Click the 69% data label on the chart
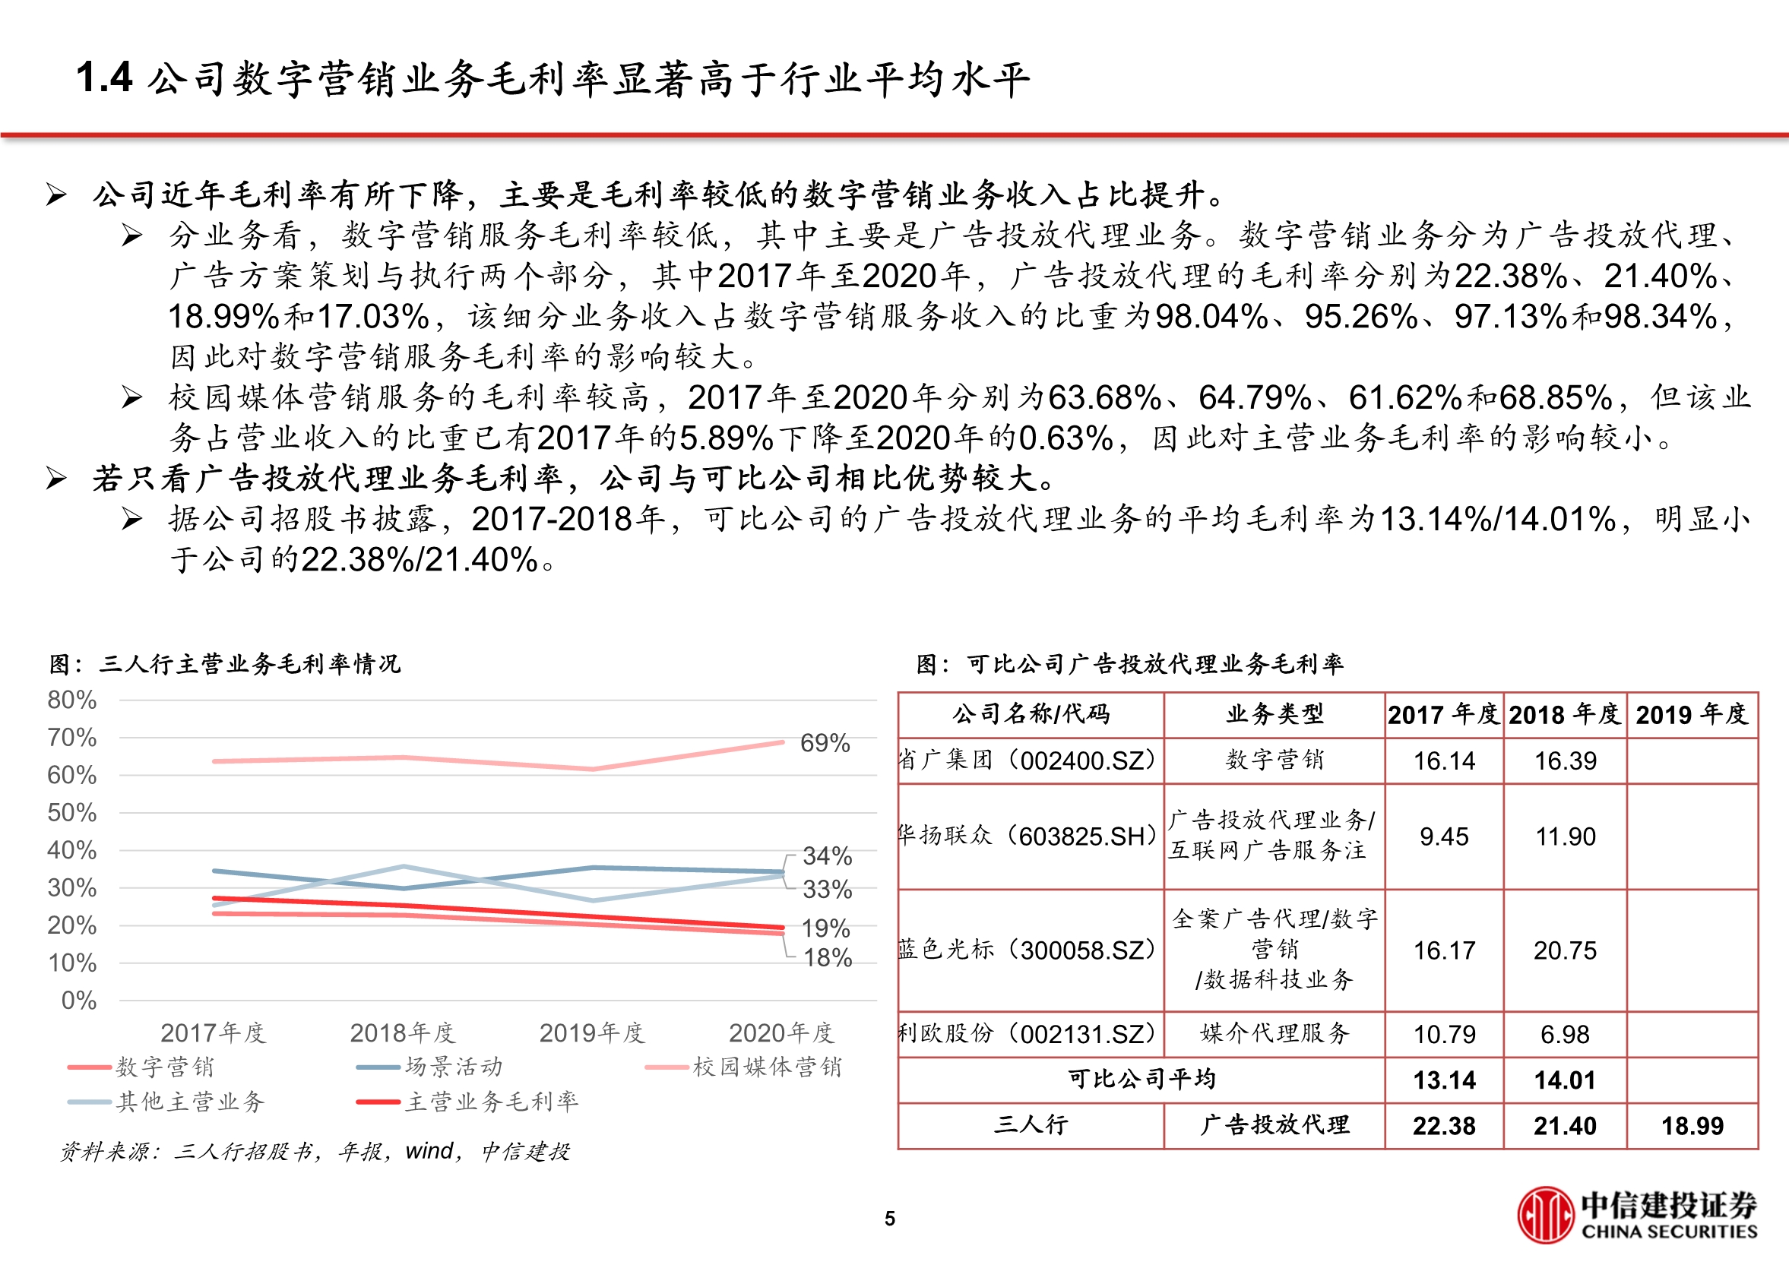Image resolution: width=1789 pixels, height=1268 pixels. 825,742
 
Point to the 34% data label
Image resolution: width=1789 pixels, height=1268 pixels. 827,855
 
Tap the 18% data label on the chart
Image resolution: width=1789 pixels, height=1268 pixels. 828,957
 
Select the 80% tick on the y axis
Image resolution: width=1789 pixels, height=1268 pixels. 72,700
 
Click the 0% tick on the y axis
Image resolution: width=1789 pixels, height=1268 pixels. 78,1000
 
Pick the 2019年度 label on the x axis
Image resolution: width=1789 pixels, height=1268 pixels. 592,1033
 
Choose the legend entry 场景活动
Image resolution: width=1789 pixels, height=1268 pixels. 453,1067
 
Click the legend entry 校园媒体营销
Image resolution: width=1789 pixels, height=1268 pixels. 767,1067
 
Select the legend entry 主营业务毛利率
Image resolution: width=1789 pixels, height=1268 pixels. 491,1102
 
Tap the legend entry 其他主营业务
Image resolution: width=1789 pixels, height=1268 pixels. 191,1102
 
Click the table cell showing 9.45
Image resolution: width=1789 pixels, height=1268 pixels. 1444,836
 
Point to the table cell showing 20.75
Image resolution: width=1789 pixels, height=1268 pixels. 1565,950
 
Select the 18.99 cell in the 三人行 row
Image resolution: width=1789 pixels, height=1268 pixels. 1692,1126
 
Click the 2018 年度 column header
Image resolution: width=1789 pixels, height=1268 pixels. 1565,714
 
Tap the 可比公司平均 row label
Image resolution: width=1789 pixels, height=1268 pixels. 1141,1080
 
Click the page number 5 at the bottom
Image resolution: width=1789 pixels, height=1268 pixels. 889,1219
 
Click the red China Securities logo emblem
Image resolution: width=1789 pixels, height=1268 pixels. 1544,1215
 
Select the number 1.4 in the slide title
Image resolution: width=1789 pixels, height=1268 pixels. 105,78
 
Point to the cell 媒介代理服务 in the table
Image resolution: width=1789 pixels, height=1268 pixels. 1274,1034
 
